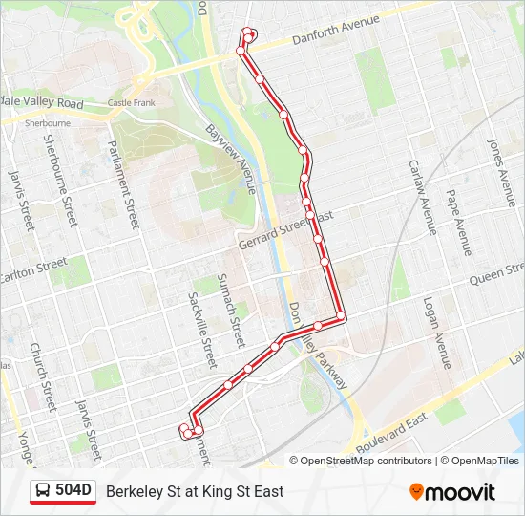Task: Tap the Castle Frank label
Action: coord(132,102)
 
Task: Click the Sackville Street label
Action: coord(203,331)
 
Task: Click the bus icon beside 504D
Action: coord(42,491)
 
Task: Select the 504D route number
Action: coord(73,491)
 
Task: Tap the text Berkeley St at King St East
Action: coord(195,491)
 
